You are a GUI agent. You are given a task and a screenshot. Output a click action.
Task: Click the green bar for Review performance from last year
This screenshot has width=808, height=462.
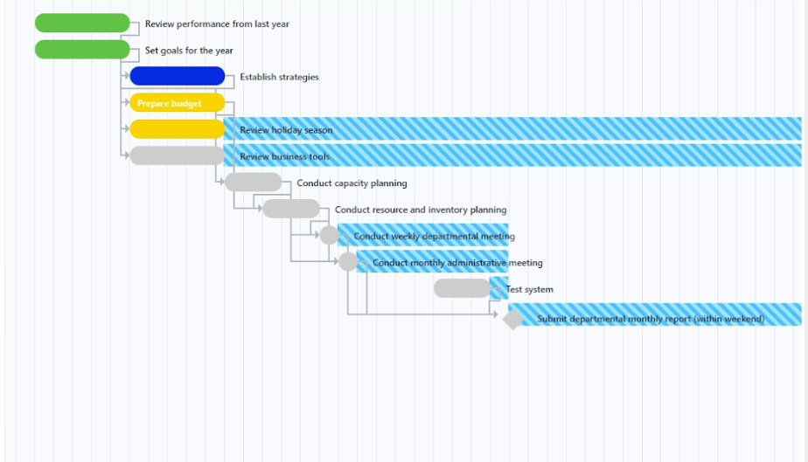[82, 24]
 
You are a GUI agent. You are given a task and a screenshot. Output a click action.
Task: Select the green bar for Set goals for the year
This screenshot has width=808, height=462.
[82, 50]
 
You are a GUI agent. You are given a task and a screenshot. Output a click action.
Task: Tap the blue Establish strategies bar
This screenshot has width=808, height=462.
[177, 76]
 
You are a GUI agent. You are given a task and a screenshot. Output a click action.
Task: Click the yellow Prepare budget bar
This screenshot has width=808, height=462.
[177, 103]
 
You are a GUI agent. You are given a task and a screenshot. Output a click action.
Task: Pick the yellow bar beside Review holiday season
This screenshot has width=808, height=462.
[177, 129]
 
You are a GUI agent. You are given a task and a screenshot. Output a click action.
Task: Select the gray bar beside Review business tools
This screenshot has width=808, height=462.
[177, 155]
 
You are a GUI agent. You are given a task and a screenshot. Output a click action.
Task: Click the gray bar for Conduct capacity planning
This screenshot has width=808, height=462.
[254, 183]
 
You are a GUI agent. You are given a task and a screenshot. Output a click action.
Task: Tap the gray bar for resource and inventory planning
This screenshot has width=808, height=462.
[291, 209]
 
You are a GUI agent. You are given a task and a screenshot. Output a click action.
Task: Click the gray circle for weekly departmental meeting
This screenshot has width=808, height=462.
[329, 235]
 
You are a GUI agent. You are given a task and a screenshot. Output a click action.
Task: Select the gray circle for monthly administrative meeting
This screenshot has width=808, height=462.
[348, 262]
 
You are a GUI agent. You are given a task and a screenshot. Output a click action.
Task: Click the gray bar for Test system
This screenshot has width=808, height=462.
[463, 288]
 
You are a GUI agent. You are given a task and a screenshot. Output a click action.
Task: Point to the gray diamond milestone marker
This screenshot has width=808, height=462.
[513, 319]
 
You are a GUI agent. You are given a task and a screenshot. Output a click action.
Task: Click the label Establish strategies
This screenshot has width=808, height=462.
[279, 77]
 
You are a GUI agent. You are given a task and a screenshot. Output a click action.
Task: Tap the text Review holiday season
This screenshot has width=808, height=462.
[286, 130]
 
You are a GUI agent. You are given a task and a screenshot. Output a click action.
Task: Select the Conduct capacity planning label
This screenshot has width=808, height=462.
[352, 183]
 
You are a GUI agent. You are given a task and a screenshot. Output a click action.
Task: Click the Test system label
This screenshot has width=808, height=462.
[530, 289]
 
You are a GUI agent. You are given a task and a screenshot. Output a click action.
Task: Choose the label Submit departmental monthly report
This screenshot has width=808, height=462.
[651, 319]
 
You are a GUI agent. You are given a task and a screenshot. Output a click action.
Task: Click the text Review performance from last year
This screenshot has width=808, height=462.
[217, 24]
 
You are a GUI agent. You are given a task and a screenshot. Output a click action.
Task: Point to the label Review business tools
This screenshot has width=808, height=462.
[285, 157]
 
